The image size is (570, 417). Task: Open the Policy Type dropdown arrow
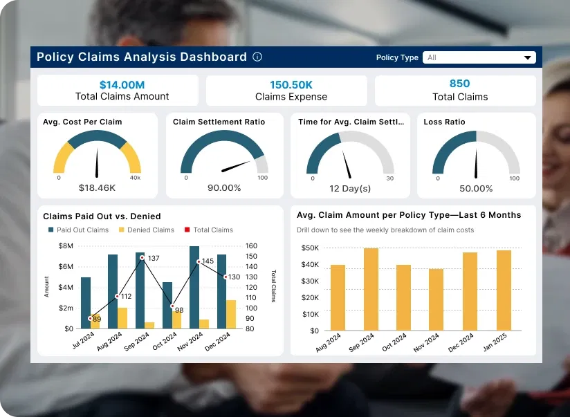coord(528,58)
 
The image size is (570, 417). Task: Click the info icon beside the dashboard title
coord(257,57)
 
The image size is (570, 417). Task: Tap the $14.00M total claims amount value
coord(122,84)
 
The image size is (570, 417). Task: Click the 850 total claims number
coord(459,84)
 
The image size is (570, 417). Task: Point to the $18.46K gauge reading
coord(97,187)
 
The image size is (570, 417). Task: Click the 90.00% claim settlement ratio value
coord(224,187)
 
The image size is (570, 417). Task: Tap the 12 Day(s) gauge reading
coord(350,188)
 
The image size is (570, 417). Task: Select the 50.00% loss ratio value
coord(476,188)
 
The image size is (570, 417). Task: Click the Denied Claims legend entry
coord(148,230)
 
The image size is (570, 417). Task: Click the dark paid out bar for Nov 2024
coord(194,287)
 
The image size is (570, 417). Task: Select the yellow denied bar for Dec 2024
coord(231,314)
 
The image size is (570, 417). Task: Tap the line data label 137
coord(154,258)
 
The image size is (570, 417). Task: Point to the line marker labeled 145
coord(199,261)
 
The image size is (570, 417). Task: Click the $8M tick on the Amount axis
coord(66,246)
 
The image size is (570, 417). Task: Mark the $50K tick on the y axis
coord(310,248)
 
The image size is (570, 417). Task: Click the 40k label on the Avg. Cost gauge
coord(136,178)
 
